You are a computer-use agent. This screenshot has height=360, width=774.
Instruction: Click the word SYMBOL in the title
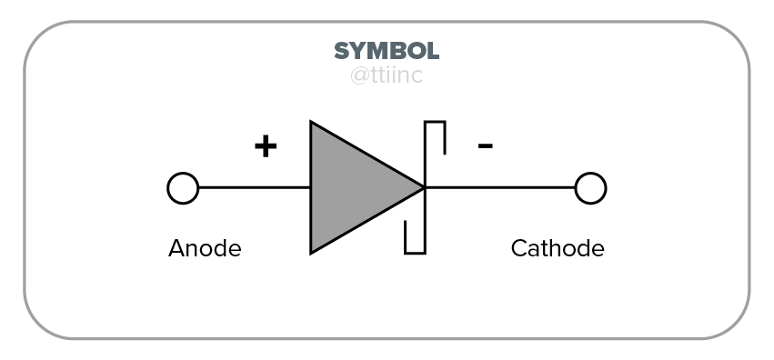[387, 50]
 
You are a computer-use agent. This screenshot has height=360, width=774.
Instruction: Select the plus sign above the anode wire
[265, 146]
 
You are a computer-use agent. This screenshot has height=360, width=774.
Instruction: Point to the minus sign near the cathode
[486, 145]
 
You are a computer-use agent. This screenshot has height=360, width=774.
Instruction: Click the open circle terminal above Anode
[183, 188]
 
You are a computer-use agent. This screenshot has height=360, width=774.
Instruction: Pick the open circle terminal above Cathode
[590, 188]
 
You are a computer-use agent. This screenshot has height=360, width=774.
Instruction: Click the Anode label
[205, 248]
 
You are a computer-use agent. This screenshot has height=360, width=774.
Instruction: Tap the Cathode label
[557, 248]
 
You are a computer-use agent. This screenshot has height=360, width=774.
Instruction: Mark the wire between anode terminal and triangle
[254, 188]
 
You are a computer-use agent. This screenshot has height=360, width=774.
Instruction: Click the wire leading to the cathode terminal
[500, 188]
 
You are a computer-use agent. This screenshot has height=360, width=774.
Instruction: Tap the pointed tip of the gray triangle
[422, 188]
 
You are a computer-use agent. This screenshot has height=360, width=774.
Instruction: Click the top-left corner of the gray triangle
[312, 124]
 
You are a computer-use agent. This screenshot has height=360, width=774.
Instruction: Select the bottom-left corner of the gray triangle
[312, 251]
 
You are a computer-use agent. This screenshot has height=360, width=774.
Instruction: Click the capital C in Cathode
[518, 248]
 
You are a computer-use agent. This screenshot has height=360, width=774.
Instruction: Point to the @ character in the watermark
[359, 75]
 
